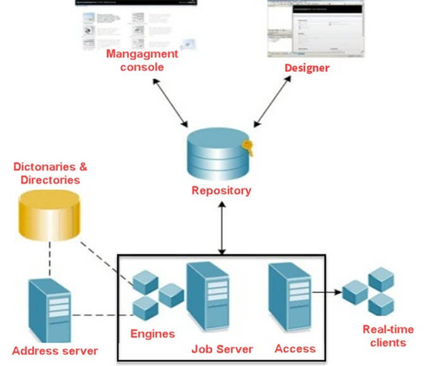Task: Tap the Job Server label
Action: click(222, 349)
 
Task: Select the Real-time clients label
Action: click(388, 336)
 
